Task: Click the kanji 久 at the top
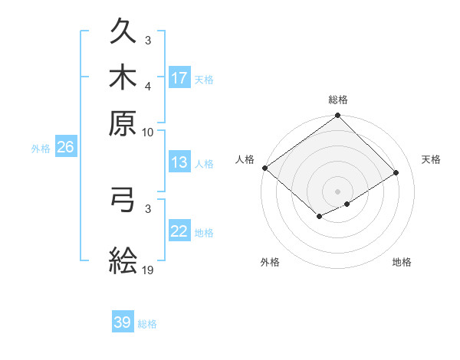pos(123,33)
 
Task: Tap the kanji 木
pos(123,77)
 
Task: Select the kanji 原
pos(123,123)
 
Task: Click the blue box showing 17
pos(179,78)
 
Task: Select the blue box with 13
pos(179,162)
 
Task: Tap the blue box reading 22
pos(179,232)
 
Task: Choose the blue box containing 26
pos(65,148)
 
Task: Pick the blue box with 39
pos(123,322)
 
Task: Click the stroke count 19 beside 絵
pos(148,270)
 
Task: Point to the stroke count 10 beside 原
pos(148,132)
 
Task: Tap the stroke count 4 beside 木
pos(148,87)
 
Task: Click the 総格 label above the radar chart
pos(338,100)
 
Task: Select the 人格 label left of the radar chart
pos(245,159)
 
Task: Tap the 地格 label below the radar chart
pos(402,262)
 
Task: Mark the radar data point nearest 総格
pos(338,116)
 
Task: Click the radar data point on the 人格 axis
pos(264,168)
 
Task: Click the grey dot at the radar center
pos(338,191)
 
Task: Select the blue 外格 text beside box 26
pos(41,149)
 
